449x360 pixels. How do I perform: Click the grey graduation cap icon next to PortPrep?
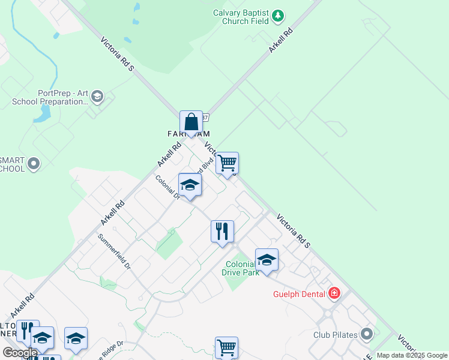98,96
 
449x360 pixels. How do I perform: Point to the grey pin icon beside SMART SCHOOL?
34,163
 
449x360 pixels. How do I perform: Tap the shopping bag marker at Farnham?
191,122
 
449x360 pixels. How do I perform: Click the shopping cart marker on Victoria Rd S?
228,163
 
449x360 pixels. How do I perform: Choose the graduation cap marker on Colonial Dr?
190,185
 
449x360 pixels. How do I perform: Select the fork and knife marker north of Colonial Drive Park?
222,231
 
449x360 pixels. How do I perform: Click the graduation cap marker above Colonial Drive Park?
267,259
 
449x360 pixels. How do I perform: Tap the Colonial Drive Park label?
242,268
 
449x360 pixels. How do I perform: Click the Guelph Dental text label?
297,293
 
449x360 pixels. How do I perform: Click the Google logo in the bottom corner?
20,353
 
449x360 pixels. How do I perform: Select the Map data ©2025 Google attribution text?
412,355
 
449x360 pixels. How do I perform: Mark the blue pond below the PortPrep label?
42,114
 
